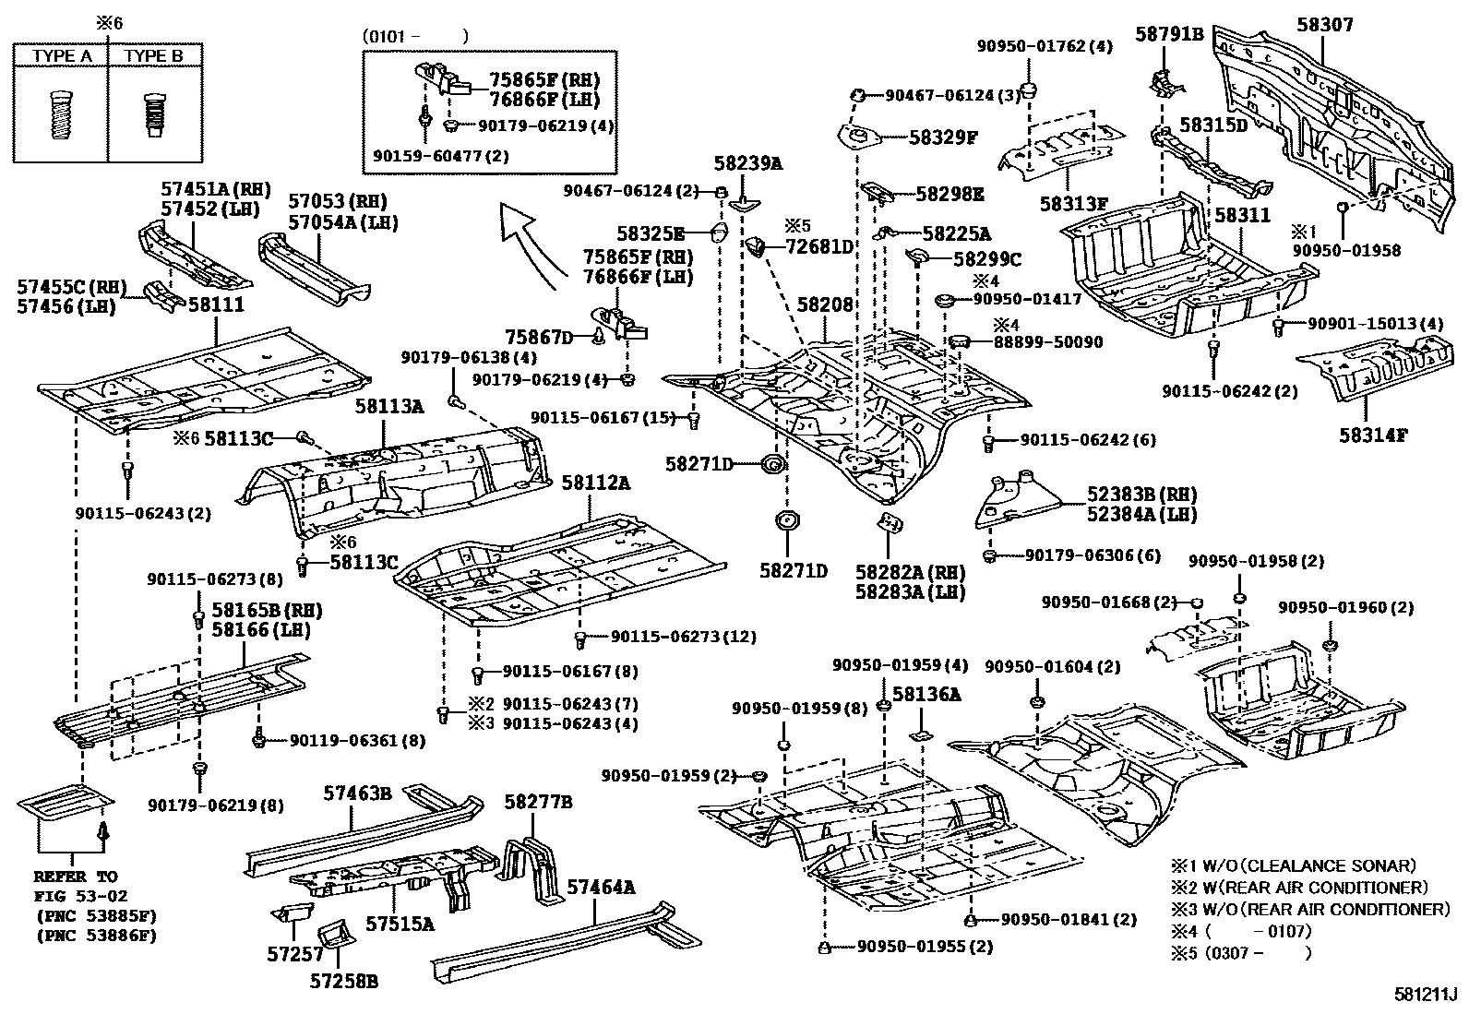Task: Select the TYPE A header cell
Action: click(x=62, y=56)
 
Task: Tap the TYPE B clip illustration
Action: click(x=154, y=114)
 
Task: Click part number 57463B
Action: click(x=357, y=793)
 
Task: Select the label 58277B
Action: click(x=538, y=802)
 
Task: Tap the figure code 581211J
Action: click(x=1424, y=996)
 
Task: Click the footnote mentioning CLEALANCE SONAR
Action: click(x=1292, y=865)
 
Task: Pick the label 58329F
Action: click(x=943, y=137)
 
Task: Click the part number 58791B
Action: click(x=1169, y=34)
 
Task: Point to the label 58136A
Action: click(x=926, y=695)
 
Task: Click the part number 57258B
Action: click(x=343, y=981)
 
